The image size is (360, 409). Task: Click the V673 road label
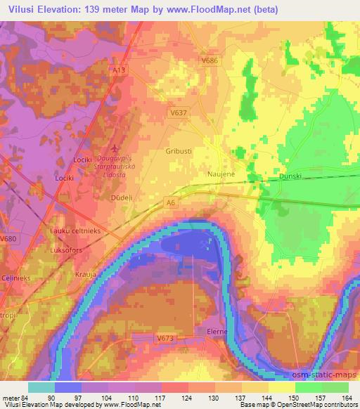[x=165, y=338]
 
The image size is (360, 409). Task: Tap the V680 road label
[x=8, y=239]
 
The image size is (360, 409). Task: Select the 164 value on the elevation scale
[x=347, y=396]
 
